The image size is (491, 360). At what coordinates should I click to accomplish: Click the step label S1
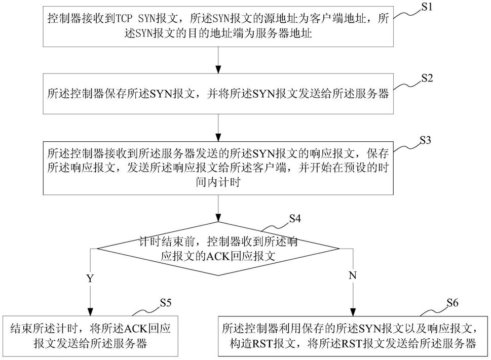pos(427,7)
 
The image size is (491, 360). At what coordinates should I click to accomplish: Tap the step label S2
pos(427,78)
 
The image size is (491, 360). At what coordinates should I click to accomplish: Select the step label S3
pos(425,140)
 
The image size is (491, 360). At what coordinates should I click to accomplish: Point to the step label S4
pos(295,219)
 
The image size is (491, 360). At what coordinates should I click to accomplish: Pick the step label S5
pos(166,303)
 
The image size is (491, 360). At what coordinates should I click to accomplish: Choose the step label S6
pos(452,303)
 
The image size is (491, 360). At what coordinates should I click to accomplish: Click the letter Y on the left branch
pos(90,278)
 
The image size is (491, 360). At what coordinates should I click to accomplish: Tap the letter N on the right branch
pos(353,275)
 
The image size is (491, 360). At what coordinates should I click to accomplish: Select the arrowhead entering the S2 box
pos(218,69)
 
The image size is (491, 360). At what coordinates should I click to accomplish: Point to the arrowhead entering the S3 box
pos(218,137)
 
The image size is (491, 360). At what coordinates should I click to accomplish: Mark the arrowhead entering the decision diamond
pos(218,218)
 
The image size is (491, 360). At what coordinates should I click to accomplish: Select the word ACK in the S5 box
pos(136,329)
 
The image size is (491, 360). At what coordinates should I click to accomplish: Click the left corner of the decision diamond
pos(97,249)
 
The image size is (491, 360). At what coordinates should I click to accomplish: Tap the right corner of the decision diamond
pos(339,249)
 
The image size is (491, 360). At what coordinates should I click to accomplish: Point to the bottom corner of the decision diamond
pos(218,275)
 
